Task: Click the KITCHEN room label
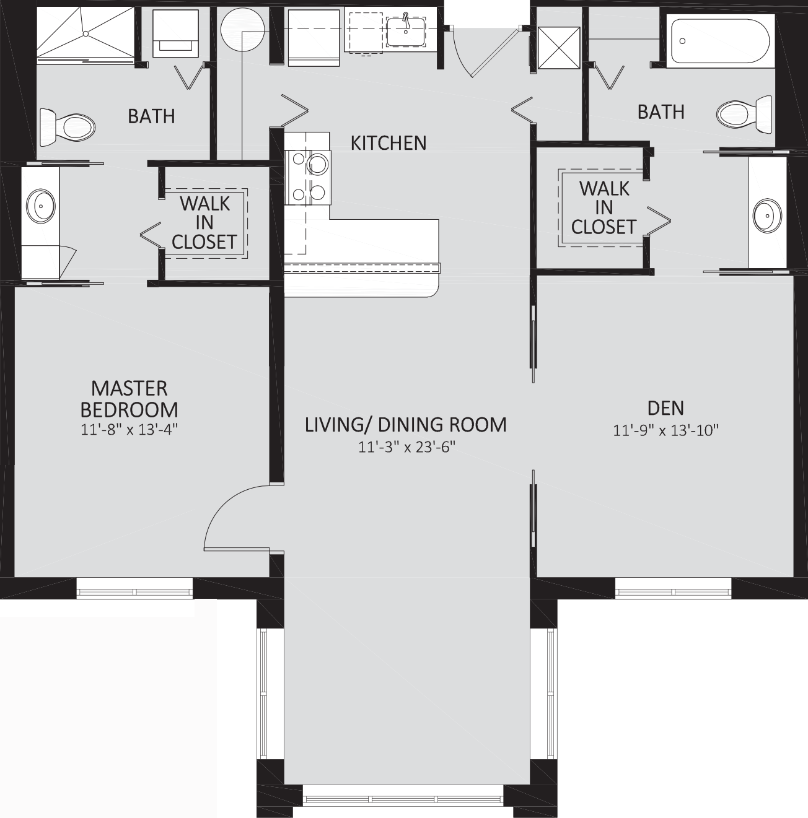click(x=389, y=144)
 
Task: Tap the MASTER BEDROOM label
click(x=129, y=399)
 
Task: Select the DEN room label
click(x=665, y=408)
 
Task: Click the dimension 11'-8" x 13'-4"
click(x=129, y=430)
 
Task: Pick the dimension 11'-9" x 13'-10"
click(x=665, y=431)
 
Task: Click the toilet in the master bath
click(x=67, y=126)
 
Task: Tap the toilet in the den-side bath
click(x=744, y=114)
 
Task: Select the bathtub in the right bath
click(x=720, y=41)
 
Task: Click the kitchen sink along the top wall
click(x=405, y=32)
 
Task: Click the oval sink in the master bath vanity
click(x=41, y=206)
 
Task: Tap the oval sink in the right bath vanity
click(x=768, y=215)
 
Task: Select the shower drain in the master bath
click(x=86, y=33)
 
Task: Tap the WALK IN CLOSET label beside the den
click(x=604, y=208)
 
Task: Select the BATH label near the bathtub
click(x=661, y=112)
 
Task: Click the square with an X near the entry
click(x=559, y=48)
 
